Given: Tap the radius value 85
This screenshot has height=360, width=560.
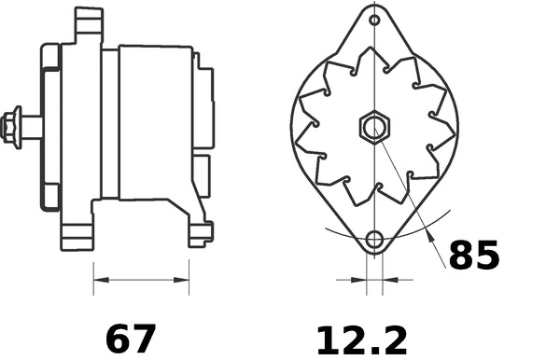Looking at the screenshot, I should (x=474, y=254).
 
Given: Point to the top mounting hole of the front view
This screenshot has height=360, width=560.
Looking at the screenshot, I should (x=374, y=20).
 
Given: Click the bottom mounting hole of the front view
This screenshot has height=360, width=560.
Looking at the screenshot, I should (x=374, y=239).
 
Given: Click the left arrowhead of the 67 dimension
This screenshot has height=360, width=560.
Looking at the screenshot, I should (x=99, y=279).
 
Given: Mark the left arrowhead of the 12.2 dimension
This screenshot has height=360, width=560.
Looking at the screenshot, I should (x=360, y=279).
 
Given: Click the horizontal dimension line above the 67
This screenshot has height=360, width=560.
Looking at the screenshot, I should (x=142, y=279).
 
